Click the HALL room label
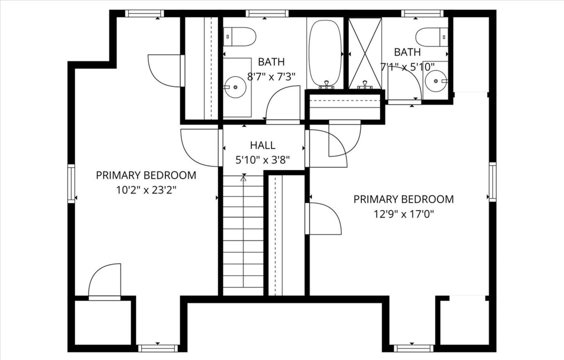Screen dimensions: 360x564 (263, 145)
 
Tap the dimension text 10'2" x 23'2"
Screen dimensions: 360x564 (146, 190)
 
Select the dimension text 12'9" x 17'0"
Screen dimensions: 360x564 (403, 214)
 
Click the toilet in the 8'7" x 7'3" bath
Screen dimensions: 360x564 (240, 36)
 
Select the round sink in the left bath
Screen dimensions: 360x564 (235, 87)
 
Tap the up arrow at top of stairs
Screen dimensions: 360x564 (244, 179)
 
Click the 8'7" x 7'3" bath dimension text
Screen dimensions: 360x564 (271, 77)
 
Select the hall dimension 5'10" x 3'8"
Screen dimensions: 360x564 (263, 160)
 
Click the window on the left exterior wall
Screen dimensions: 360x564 (71, 183)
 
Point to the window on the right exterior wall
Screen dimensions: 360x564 (492, 182)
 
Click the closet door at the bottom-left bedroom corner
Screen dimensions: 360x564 (104, 282)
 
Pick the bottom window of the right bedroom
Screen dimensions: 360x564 (413, 349)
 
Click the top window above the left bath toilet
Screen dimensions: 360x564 (267, 13)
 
